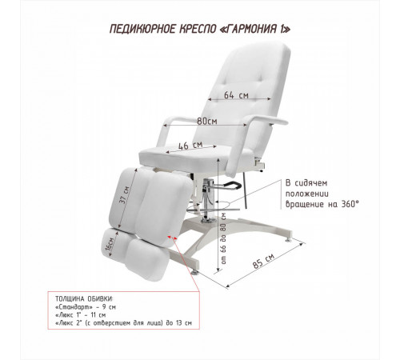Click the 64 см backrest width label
(236, 95)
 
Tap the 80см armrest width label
(207, 121)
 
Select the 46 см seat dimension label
(190, 146)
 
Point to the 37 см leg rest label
(124, 194)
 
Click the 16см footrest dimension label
(110, 244)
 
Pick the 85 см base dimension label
(263, 261)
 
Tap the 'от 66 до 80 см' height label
(223, 238)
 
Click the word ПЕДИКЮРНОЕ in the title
(143, 29)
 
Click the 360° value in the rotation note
(350, 204)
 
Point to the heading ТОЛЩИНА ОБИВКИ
(84, 298)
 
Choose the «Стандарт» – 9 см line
(86, 306)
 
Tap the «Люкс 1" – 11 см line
(81, 315)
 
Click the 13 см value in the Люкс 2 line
(184, 323)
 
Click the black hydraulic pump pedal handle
(233, 185)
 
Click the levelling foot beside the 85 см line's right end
(288, 240)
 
